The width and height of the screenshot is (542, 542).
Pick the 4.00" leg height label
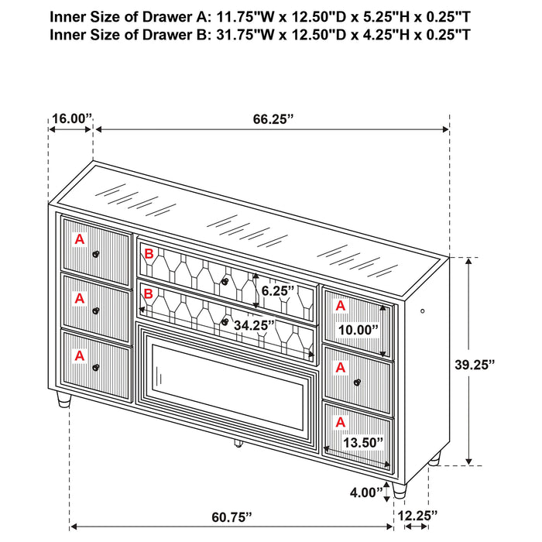(368, 491)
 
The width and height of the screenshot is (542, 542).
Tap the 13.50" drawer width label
(362, 442)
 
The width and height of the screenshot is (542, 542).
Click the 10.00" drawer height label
(358, 329)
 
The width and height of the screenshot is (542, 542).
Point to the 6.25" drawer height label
(278, 291)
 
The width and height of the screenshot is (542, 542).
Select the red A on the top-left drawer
(79, 240)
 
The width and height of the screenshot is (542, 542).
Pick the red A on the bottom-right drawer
(339, 422)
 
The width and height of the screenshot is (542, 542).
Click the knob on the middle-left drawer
(96, 310)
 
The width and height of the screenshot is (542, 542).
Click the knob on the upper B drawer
(224, 280)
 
